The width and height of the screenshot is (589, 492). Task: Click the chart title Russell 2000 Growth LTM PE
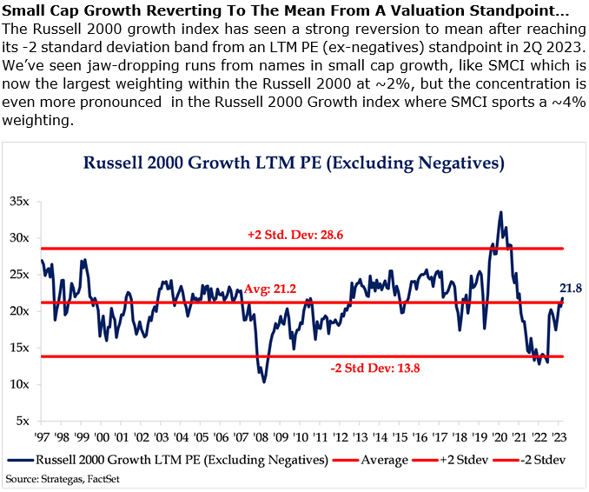pyautogui.click(x=294, y=163)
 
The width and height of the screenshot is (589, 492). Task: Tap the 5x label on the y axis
pyautogui.click(x=21, y=421)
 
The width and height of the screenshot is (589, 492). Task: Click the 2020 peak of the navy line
pyautogui.click(x=500, y=212)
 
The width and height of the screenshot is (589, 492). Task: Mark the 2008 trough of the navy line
pyautogui.click(x=264, y=382)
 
